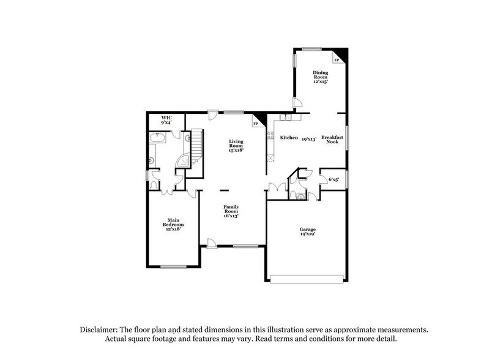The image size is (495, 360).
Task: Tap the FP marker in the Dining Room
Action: coord(336,61)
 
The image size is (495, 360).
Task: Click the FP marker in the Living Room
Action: coord(255,124)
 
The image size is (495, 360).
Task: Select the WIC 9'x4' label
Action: coord(166,119)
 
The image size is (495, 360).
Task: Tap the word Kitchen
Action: coord(289,138)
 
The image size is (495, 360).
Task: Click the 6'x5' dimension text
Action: coord(333,179)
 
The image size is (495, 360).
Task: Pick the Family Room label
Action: coord(231,211)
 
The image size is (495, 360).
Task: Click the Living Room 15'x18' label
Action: coord(236,144)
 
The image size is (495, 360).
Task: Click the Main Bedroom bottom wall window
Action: coord(173,266)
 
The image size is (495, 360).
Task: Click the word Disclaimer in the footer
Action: coord(100,329)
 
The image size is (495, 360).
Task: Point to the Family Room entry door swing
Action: coord(211,243)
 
